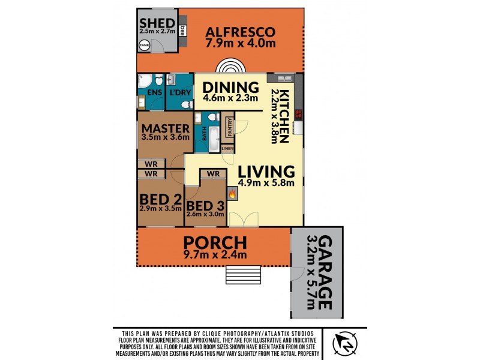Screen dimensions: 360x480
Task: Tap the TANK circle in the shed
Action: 145,45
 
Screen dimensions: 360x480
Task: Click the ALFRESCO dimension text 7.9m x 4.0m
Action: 241,44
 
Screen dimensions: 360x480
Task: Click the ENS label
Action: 154,92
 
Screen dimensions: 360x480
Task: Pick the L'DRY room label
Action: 179,92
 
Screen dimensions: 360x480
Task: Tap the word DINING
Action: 230,87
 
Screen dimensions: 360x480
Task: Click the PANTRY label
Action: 229,127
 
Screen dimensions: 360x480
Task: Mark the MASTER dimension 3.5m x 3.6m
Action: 165,137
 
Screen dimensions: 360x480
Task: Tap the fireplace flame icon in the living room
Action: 233,193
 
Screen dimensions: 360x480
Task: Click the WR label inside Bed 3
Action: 212,174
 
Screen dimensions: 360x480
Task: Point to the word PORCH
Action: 215,243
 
